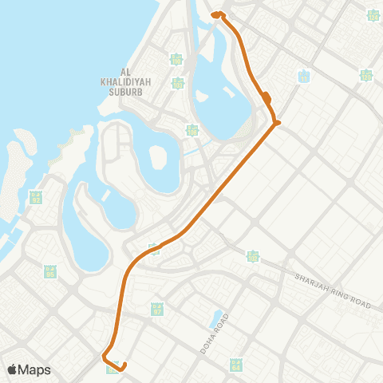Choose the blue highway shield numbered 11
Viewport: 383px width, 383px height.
pyautogui.click(x=303, y=77)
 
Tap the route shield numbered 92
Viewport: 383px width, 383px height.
pyautogui.click(x=35, y=197)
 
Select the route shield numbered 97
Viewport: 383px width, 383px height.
pyautogui.click(x=157, y=308)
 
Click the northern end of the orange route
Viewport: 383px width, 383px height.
pyautogui.click(x=214, y=14)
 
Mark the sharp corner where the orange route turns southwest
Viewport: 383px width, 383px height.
pyautogui.click(x=277, y=123)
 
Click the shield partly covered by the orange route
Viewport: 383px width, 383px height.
pyautogui.click(x=154, y=249)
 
